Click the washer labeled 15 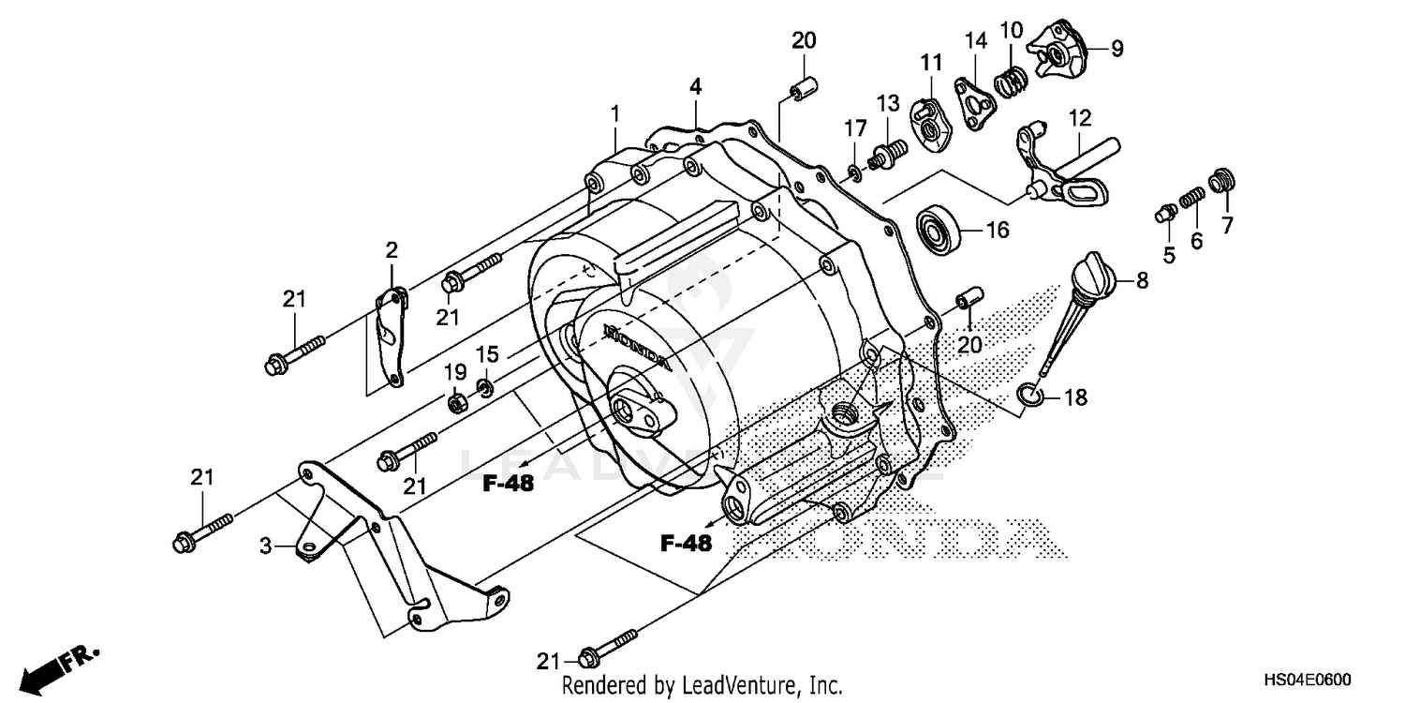[x=484, y=386]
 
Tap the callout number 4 [x=696, y=86]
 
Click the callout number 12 [x=1079, y=119]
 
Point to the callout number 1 [x=615, y=114]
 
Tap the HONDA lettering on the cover [x=637, y=346]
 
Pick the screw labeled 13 [x=890, y=152]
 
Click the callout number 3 [x=265, y=544]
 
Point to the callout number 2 [x=392, y=250]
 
